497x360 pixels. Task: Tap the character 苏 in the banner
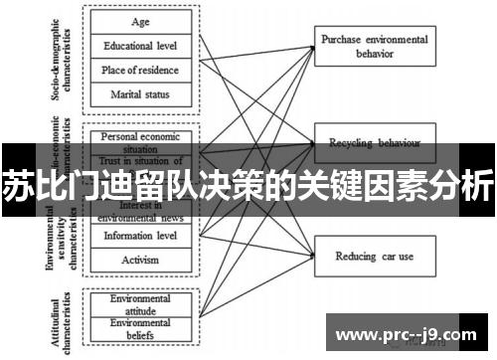(x=18, y=187)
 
